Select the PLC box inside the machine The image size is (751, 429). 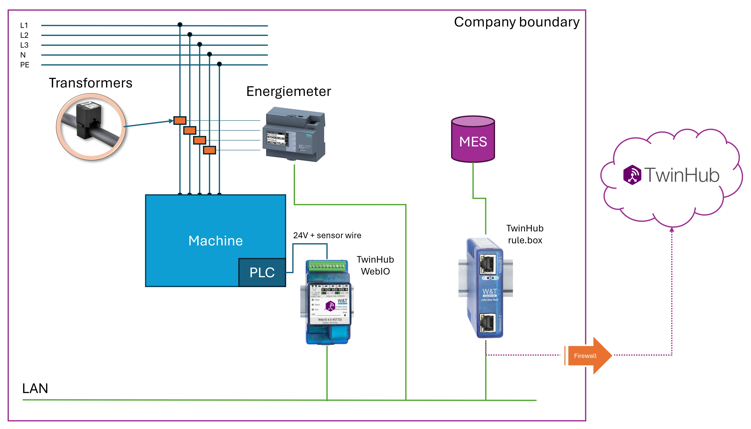(x=262, y=273)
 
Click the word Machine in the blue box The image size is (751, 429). (x=215, y=241)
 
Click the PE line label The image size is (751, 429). (x=25, y=65)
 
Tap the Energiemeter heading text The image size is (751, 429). (x=288, y=91)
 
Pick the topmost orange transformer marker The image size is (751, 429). (x=180, y=121)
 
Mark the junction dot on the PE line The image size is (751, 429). (x=219, y=64)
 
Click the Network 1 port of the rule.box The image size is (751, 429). (x=488, y=264)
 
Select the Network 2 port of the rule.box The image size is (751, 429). (x=488, y=323)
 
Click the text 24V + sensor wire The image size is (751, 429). (x=327, y=235)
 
